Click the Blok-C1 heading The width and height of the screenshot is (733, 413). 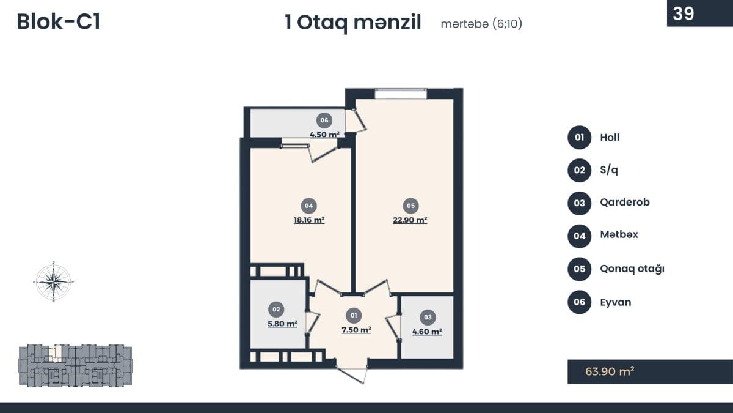[58, 22]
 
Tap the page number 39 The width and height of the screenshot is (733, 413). [684, 13]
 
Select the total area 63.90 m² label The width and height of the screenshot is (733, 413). [610, 371]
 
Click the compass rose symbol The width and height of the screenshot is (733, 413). [54, 281]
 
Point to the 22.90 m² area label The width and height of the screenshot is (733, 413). [410, 220]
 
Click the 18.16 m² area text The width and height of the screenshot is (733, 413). [309, 220]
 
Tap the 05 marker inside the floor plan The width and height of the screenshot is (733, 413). [410, 206]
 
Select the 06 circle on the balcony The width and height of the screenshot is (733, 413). [324, 121]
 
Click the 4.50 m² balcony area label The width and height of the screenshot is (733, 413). [324, 135]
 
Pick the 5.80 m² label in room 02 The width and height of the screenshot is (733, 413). [282, 324]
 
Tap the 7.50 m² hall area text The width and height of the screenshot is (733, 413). [356, 330]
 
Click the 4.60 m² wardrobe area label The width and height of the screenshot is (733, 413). [427, 332]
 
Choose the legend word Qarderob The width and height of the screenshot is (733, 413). [625, 203]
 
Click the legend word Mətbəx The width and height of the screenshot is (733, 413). [619, 234]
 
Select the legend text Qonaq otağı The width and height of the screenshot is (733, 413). [632, 269]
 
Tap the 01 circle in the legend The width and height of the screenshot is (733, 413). [579, 137]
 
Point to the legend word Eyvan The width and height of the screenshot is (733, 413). [616, 302]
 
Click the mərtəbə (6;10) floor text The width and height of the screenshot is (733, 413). [481, 24]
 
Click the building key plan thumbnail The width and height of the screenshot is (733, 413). [75, 365]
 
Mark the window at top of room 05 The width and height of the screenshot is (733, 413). [401, 93]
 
